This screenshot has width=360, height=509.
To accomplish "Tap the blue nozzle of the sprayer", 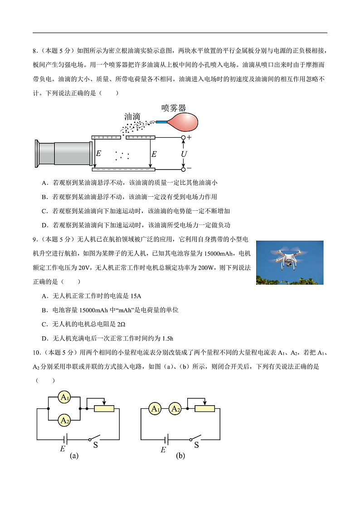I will [x=162, y=121].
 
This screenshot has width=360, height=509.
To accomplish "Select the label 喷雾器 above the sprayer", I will [x=174, y=108].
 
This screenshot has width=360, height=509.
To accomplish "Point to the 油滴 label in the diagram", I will [x=132, y=116].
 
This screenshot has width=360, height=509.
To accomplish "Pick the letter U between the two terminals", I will [x=184, y=154].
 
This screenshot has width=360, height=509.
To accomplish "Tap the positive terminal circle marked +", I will [x=184, y=137].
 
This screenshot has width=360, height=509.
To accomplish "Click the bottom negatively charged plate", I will [x=123, y=170].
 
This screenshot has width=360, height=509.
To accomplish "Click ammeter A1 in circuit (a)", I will [x=65, y=398].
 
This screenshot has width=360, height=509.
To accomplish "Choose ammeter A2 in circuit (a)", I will [x=65, y=421].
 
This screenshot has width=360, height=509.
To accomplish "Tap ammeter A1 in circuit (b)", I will [x=156, y=409].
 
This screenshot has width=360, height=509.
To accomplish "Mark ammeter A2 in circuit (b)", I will [x=175, y=409].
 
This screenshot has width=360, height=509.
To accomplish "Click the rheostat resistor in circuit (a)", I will [x=104, y=409].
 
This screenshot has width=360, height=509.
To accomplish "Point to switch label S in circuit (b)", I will [x=196, y=445].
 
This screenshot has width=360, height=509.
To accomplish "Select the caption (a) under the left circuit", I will [x=74, y=456].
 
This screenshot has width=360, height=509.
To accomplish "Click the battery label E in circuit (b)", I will [x=163, y=450].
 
